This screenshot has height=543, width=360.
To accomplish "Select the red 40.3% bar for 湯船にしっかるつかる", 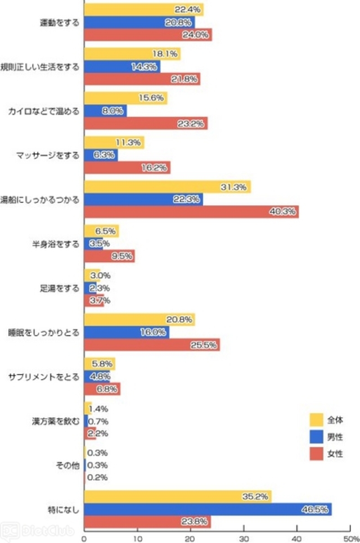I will pyautogui.click(x=191, y=212).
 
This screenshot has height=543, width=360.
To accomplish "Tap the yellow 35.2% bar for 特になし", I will pyautogui.click(x=177, y=496).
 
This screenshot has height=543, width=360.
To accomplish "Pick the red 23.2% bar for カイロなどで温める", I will pyautogui.click(x=145, y=124).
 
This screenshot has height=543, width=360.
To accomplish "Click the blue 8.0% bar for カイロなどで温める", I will pyautogui.click(x=105, y=111).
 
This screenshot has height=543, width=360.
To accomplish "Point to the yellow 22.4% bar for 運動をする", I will pyautogui.click(x=143, y=10).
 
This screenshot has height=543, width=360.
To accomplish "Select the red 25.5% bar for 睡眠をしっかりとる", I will pyautogui.click(x=151, y=345).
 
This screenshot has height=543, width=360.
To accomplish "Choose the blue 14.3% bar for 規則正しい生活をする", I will pyautogui.click(x=121, y=66).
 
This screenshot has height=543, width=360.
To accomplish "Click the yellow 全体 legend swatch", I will pyautogui.click(x=316, y=419).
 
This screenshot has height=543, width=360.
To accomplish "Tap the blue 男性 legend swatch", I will pyautogui.click(x=316, y=436).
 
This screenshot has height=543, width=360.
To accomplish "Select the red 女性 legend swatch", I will pyautogui.click(x=316, y=453).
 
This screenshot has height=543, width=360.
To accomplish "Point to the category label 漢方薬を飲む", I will pyautogui.click(x=56, y=421).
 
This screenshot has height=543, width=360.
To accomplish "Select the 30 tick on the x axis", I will pyautogui.click(x=244, y=537).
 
